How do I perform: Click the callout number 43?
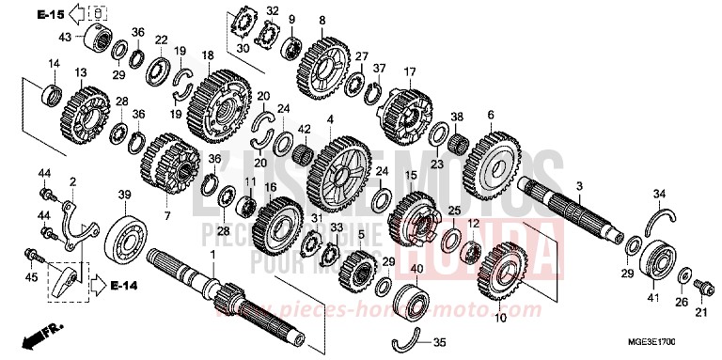[x=66, y=37]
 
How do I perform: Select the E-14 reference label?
[x=124, y=283]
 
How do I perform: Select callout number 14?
[x=53, y=63]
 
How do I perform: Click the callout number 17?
[x=409, y=72]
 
